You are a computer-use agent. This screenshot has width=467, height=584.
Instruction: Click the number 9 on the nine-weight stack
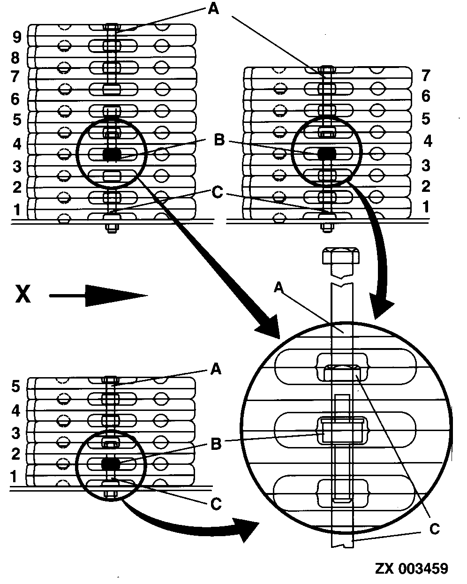coord(17,35)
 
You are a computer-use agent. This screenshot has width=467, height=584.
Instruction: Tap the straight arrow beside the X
coord(98,296)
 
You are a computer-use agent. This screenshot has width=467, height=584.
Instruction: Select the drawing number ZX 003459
coord(411,569)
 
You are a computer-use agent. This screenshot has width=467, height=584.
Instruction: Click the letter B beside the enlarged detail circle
coord(216,444)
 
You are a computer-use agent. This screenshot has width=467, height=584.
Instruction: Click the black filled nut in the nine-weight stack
coord(112,154)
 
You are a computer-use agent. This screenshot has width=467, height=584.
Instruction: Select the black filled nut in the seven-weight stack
coord(325,153)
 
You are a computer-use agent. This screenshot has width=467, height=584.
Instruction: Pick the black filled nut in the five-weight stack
coord(110,463)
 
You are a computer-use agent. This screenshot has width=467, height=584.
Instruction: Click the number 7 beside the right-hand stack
coord(425,75)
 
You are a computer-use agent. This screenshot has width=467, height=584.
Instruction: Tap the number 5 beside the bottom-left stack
coord(16,387)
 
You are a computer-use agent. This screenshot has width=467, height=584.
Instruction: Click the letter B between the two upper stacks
coord(218,140)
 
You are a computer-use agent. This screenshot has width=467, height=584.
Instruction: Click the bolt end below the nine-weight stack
coord(112,229)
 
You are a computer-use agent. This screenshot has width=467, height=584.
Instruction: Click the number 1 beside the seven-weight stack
coord(425,207)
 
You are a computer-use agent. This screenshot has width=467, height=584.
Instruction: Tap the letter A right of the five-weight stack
coord(215,370)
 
